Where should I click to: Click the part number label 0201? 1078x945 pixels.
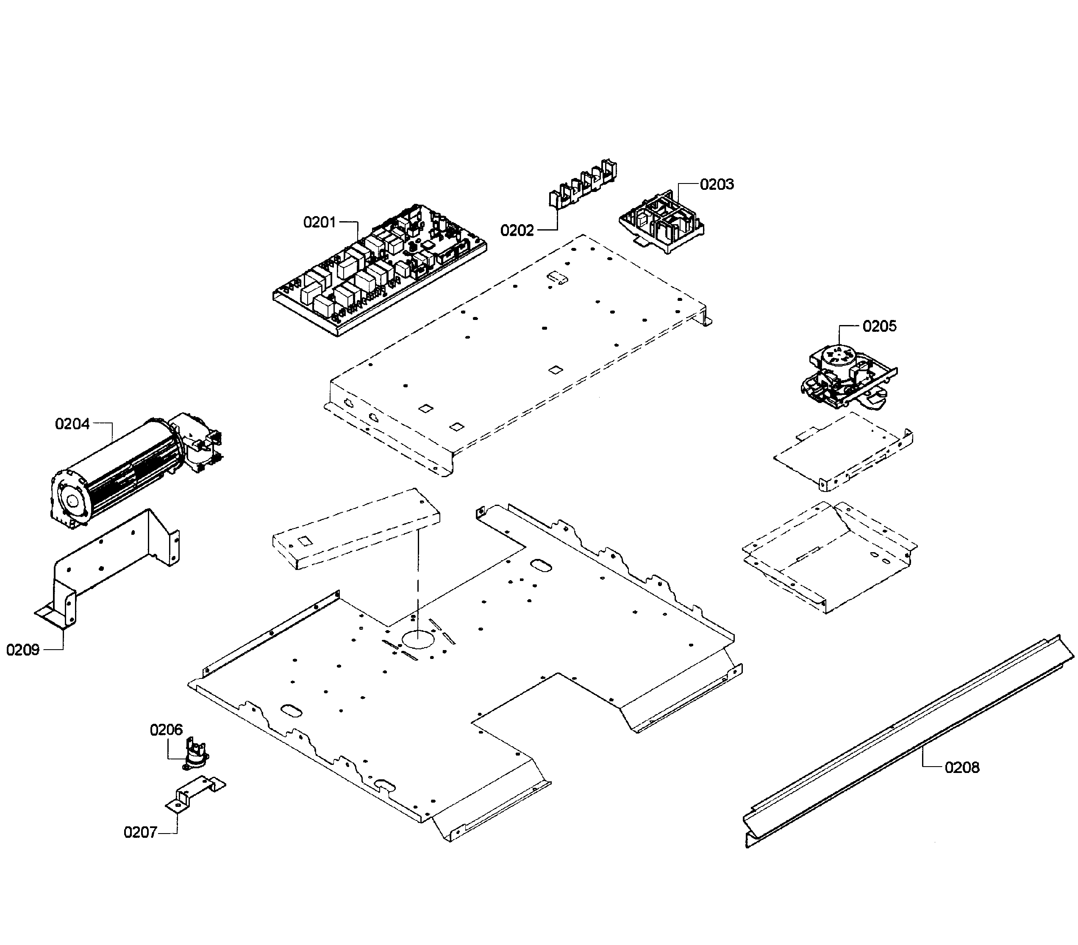[x=319, y=222]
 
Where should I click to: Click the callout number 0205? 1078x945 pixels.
[x=879, y=326]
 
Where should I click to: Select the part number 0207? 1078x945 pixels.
[x=140, y=832]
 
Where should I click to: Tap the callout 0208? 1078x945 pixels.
[x=962, y=767]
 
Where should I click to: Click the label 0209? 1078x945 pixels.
[x=23, y=650]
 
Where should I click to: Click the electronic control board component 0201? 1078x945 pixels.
[x=380, y=269]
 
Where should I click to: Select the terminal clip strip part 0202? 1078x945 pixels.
[x=583, y=185]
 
